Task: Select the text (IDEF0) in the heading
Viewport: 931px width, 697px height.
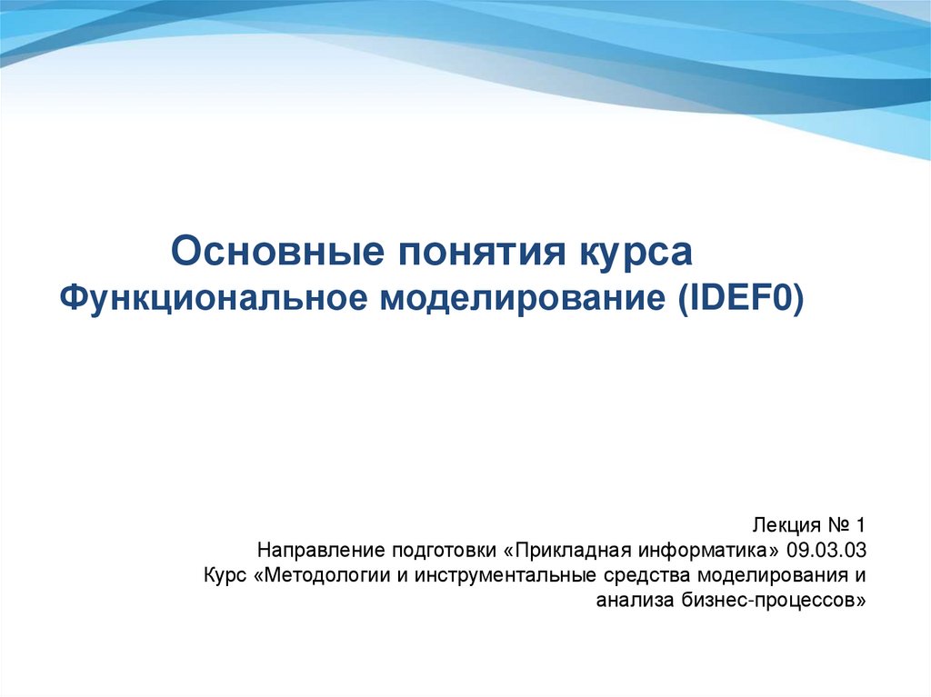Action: pyautogui.click(x=739, y=297)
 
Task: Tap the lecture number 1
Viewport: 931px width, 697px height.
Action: pyautogui.click(x=858, y=525)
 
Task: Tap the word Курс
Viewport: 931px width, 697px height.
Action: pyautogui.click(x=225, y=576)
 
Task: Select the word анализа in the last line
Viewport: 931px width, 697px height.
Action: pyautogui.click(x=635, y=601)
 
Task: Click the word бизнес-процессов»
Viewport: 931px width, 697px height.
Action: pyautogui.click(x=773, y=601)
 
